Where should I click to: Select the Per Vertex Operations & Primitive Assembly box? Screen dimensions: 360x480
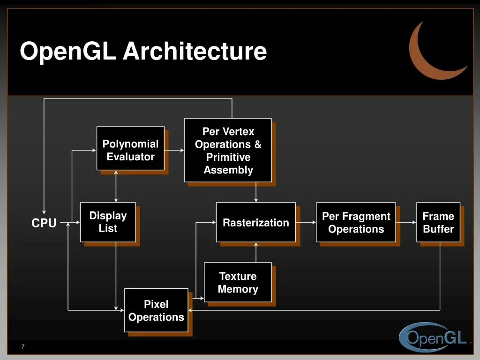[x=228, y=150]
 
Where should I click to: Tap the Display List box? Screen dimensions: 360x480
[x=108, y=222]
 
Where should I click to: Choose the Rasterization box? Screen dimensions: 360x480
[x=255, y=222]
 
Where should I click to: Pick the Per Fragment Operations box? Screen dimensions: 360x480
[x=356, y=222]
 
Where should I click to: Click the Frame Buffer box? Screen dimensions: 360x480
[x=438, y=222]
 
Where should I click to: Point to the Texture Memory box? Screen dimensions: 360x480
[x=238, y=282]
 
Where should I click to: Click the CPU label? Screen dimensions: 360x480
[x=44, y=224]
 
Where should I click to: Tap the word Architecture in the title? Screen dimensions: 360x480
[x=195, y=51]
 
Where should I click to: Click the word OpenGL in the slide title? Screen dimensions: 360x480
[x=67, y=51]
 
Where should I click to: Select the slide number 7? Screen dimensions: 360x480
[x=22, y=346]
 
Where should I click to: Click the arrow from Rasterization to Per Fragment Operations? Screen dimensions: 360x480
[x=306, y=222]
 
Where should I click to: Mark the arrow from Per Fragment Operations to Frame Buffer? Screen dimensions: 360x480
[x=406, y=222]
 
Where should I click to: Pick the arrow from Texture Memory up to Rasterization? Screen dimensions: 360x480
[x=256, y=252]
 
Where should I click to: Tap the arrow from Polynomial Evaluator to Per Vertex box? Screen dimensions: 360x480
[x=174, y=150]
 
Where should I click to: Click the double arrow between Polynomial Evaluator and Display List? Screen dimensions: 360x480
[x=116, y=186]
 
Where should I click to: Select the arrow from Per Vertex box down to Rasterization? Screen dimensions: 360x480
[x=256, y=192]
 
